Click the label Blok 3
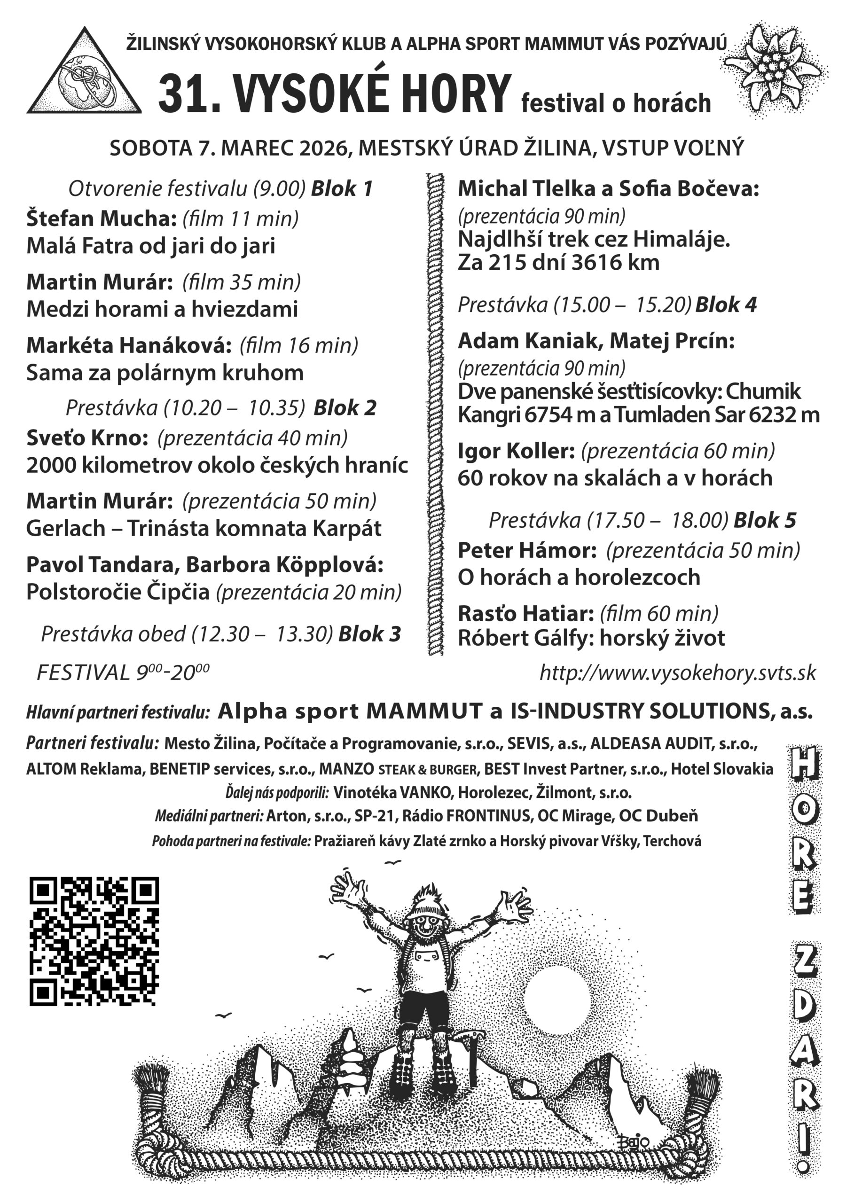click(x=370, y=633)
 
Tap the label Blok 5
click(x=765, y=520)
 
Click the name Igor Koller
click(x=517, y=451)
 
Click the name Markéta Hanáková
click(x=129, y=345)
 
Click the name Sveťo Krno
click(x=87, y=437)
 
